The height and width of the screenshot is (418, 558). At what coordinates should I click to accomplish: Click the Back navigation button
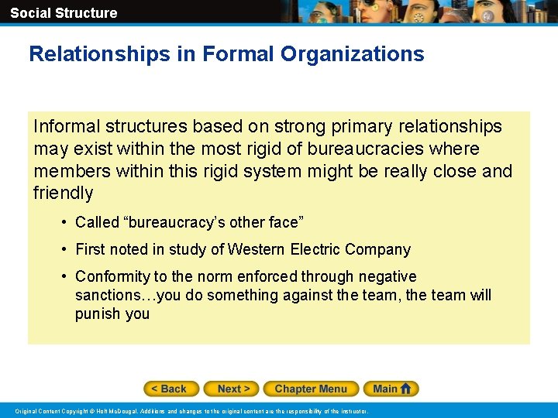(x=171, y=389)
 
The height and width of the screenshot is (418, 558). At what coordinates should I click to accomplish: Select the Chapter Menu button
(x=311, y=389)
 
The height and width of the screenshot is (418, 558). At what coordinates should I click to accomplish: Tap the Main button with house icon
(x=394, y=389)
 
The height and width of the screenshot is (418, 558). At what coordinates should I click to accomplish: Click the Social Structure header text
(x=64, y=12)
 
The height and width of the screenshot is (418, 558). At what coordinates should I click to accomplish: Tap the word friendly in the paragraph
(x=64, y=193)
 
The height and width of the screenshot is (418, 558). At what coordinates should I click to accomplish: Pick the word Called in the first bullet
(x=97, y=222)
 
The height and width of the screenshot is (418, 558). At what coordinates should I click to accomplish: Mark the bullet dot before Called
(x=63, y=223)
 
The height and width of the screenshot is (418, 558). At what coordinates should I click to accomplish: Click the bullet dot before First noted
(x=63, y=250)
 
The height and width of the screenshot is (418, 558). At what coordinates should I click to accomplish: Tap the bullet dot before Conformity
(x=63, y=277)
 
